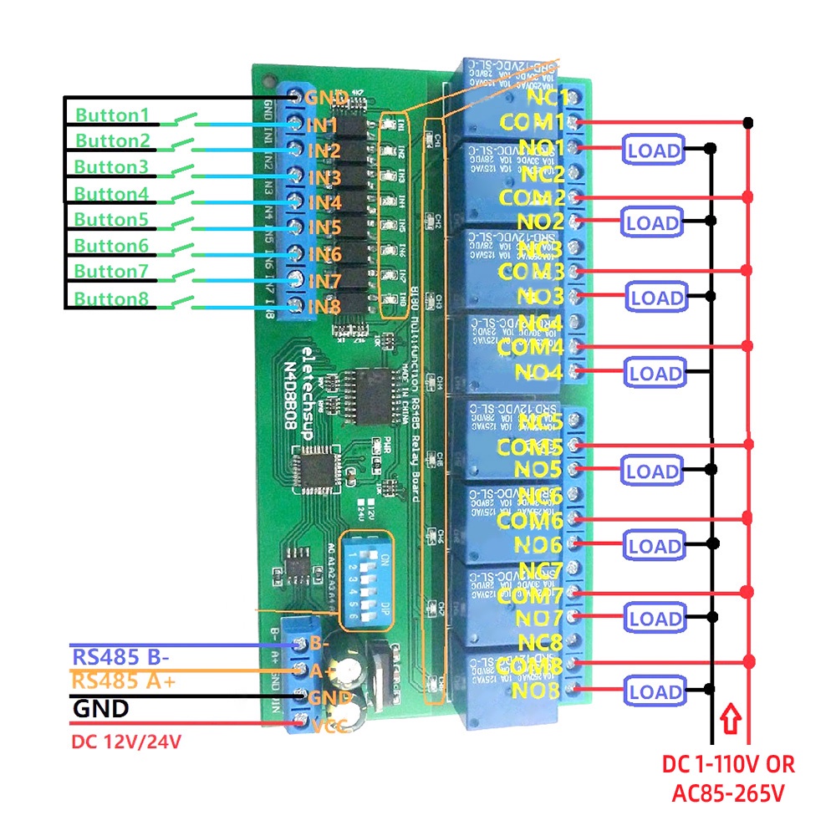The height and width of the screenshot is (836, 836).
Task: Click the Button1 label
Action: click(x=112, y=115)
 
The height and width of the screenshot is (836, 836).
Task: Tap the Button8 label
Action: click(x=112, y=298)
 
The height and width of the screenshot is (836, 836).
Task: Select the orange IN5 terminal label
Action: click(x=324, y=227)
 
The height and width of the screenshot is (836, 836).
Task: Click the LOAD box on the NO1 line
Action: click(x=652, y=150)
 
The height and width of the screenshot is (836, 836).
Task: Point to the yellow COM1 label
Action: click(x=532, y=122)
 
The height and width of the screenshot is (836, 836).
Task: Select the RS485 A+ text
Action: click(x=124, y=681)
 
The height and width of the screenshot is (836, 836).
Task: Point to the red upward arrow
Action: click(x=732, y=718)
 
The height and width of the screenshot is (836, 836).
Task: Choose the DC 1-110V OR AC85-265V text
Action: click(x=727, y=777)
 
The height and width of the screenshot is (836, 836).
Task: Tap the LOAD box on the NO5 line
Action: click(x=652, y=472)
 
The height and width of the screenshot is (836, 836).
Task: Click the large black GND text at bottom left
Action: click(x=101, y=710)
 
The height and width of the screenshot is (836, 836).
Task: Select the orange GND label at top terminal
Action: click(x=326, y=98)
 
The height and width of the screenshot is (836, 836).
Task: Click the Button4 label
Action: click(x=112, y=194)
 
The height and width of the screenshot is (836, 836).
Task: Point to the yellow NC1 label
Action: click(x=547, y=97)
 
